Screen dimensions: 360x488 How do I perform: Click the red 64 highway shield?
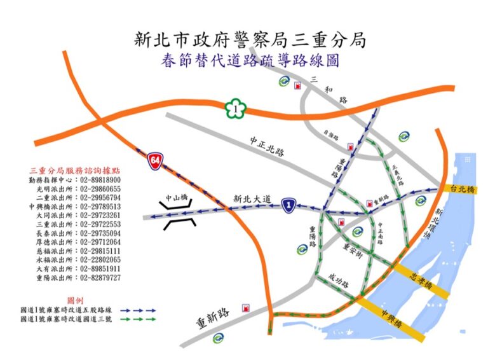154,160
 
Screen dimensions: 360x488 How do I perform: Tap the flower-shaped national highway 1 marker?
235,109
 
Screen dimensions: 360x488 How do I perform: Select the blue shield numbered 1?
289,203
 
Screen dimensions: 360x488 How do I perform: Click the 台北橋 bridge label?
462,189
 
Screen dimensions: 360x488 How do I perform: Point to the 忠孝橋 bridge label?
422,279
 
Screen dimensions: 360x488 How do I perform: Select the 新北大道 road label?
253,198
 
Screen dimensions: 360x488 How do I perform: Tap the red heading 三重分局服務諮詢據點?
74,171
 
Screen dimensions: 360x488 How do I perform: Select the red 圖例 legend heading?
74,299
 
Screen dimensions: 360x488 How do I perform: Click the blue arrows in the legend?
137,309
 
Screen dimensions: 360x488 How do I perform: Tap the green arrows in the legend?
137,317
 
